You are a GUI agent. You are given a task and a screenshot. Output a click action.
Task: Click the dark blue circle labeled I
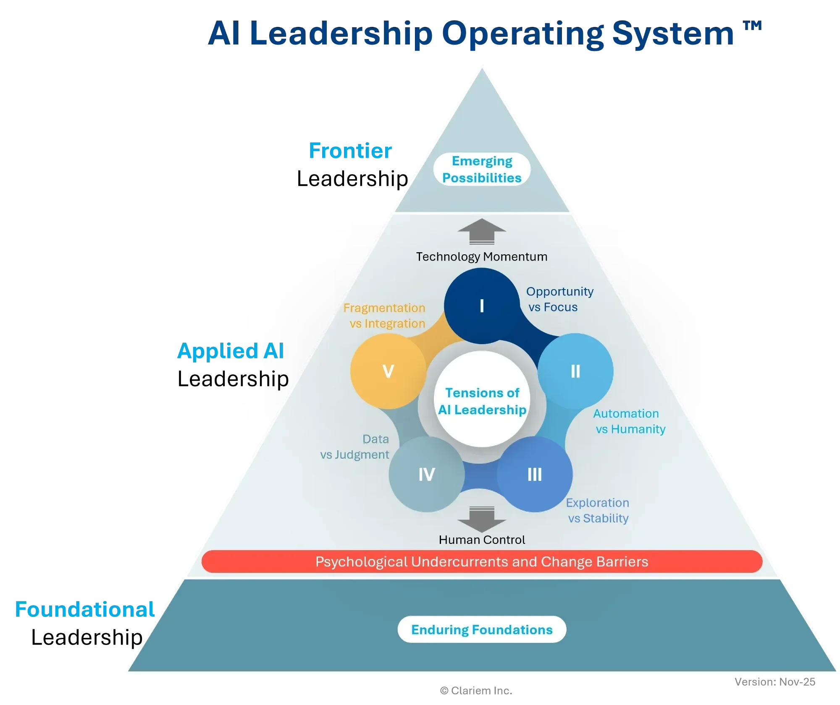coord(481,306)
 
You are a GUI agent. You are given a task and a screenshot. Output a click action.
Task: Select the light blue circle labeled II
coord(575,371)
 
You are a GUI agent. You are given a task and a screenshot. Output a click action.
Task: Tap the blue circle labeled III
coord(535,474)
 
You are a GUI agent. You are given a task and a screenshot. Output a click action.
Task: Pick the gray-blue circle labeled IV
coord(427,474)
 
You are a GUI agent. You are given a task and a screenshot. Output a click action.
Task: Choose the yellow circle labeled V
coord(388,371)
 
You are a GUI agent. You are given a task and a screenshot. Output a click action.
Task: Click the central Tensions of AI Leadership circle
coord(482,401)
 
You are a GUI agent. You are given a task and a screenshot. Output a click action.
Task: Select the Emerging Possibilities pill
coord(482,169)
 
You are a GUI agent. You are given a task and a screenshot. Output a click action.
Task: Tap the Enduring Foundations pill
coord(482,629)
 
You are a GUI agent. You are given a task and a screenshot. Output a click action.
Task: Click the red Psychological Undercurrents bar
coord(482,561)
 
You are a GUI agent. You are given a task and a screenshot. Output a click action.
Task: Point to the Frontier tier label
coord(350,151)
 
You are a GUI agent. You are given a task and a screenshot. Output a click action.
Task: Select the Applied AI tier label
coord(231,351)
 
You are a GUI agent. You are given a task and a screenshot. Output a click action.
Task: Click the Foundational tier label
coord(85,609)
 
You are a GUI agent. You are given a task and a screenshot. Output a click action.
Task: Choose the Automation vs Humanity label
coord(629,421)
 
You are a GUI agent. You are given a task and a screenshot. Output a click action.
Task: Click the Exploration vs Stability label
coord(598,510)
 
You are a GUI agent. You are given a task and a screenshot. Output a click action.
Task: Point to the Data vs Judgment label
coord(355,447)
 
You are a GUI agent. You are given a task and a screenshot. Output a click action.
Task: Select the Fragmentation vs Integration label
coord(385,316)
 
